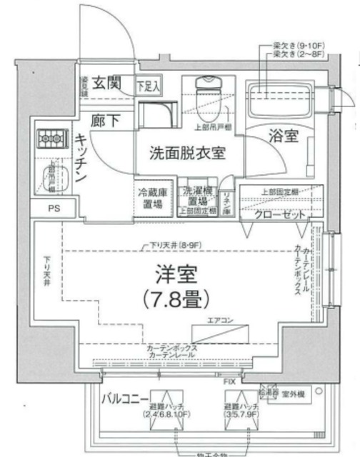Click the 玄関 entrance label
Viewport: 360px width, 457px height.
point(109,84)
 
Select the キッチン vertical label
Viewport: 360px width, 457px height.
point(81,156)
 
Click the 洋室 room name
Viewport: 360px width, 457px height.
point(175,273)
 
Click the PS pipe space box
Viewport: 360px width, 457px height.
point(55,209)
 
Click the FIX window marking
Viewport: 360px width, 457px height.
point(229,383)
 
